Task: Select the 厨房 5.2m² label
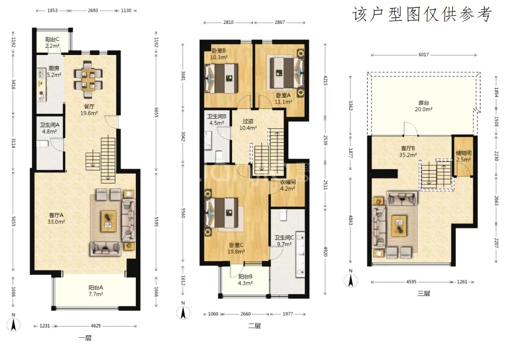[54, 71]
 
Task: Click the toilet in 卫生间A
[42, 143]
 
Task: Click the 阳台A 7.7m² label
[95, 291]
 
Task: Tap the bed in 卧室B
[221, 78]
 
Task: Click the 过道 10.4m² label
[248, 125]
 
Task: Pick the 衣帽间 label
[287, 182]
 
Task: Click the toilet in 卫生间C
[284, 215]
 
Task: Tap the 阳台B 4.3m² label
[245, 280]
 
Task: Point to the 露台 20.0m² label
[423, 106]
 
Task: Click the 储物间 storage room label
[463, 153]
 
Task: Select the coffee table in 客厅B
[399, 226]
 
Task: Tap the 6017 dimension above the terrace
[423, 55]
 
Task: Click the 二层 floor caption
[254, 326]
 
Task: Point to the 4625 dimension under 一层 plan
[95, 326]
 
